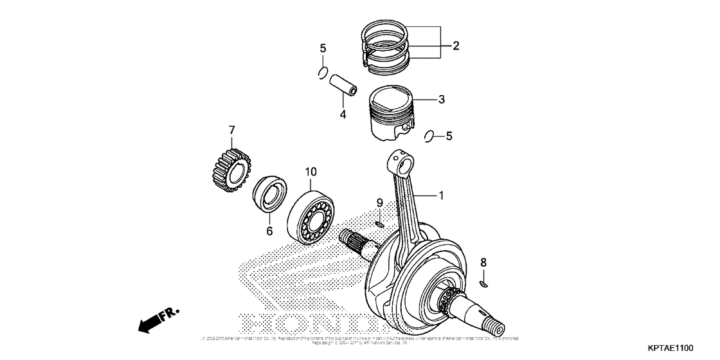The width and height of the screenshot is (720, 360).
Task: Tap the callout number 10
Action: tap(310, 172)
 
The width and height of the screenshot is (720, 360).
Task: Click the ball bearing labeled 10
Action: tap(311, 214)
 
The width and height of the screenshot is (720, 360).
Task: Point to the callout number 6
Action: tap(269, 230)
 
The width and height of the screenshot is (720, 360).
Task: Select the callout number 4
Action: tap(343, 114)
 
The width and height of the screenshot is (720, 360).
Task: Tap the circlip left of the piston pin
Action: tap(324, 73)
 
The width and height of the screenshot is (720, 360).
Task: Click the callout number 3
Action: tap(441, 100)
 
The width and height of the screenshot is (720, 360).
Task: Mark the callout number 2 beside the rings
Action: tap(456, 46)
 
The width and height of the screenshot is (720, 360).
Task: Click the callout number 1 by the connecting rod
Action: tap(441, 195)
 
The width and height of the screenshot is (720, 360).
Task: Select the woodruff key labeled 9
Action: tap(380, 224)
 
